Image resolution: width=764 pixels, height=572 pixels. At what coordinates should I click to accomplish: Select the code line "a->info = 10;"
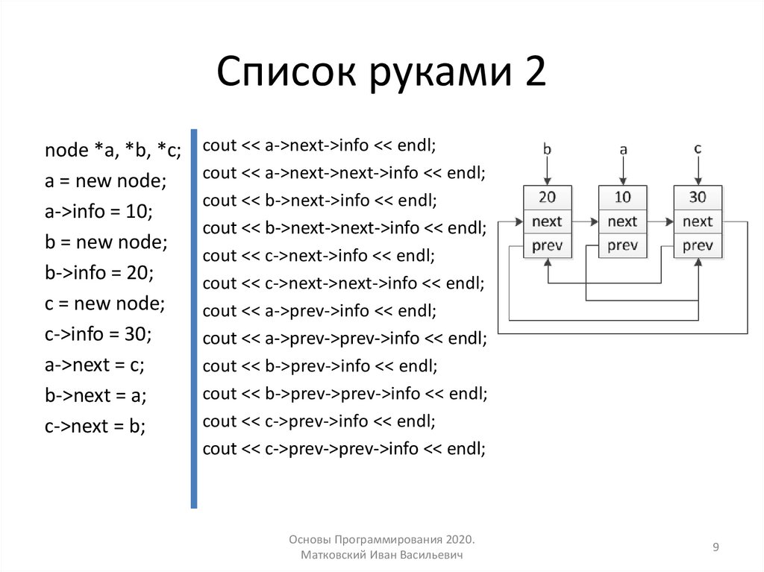98,212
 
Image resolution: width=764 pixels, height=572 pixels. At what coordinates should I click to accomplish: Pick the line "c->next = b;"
95,427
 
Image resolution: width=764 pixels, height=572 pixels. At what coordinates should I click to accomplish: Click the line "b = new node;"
106,242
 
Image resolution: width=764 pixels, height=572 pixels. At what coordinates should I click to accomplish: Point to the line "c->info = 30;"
98,334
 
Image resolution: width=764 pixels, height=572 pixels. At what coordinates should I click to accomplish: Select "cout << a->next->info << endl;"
319,145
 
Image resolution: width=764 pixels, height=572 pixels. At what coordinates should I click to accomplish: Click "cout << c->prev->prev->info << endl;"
344,448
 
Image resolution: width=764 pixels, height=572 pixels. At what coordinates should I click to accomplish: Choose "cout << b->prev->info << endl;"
319,365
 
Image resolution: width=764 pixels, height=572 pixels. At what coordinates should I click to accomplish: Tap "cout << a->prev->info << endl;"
319,310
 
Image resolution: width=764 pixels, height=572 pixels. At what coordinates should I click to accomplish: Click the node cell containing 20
547,198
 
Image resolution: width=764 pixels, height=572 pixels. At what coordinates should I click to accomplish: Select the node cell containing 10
622,198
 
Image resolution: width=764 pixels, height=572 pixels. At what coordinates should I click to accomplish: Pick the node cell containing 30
698,198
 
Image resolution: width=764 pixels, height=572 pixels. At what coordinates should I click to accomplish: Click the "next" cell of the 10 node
622,221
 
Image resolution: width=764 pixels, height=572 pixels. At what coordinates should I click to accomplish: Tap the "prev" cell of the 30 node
698,245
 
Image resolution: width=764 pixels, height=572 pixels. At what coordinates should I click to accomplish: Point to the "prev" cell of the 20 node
547,245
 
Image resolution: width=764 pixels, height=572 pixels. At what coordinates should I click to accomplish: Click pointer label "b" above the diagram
547,149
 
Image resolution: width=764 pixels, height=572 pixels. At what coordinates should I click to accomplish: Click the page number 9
716,548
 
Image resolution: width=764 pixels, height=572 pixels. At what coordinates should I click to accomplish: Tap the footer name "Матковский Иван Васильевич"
382,556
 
